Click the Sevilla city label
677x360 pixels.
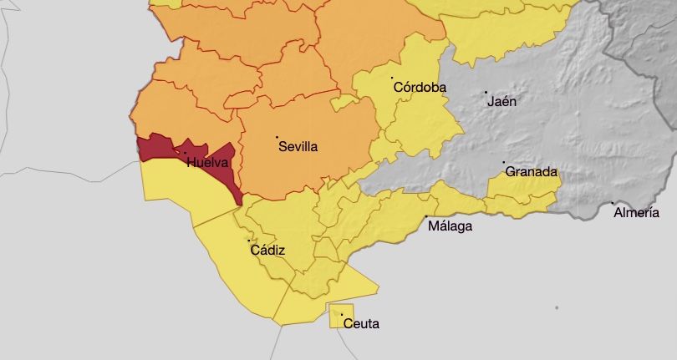(x=298, y=147)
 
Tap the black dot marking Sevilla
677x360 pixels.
(x=277, y=136)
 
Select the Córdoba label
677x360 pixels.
(x=419, y=88)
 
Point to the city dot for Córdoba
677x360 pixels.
(x=393, y=78)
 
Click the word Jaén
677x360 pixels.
(x=501, y=102)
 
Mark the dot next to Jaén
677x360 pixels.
(x=486, y=92)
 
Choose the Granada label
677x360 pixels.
(x=531, y=172)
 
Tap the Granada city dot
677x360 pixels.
(x=503, y=162)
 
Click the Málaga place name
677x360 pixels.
(x=450, y=226)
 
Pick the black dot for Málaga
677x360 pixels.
(x=427, y=217)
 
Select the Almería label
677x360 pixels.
(x=636, y=213)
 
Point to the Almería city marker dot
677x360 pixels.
(x=612, y=203)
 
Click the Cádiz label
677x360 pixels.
(x=267, y=251)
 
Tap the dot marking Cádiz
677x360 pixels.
(x=249, y=241)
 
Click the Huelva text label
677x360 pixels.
(x=206, y=163)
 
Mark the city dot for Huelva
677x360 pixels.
(x=185, y=152)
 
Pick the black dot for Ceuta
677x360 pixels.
(x=342, y=314)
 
